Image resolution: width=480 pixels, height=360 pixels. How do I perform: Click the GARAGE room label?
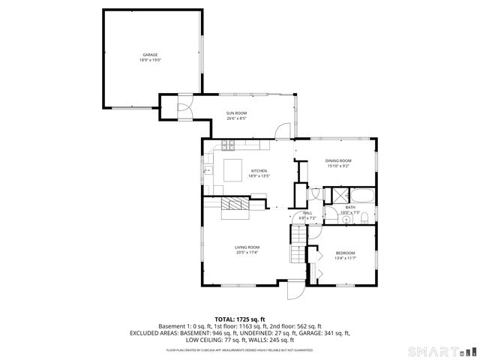coord(151,55)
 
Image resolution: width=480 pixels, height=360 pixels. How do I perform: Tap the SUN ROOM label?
coord(236,113)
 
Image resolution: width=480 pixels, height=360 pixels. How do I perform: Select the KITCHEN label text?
coord(259,171)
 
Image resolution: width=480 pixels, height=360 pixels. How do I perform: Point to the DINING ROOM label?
coord(338,161)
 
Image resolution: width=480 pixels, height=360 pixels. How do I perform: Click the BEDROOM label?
coord(345,253)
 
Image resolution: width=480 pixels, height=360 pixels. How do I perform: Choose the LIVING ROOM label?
coord(247,247)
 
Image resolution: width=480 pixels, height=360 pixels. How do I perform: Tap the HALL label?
coord(307,212)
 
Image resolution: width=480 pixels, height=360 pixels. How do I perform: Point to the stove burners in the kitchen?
coord(226,145)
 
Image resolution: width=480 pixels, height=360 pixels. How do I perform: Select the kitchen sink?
coord(208,170)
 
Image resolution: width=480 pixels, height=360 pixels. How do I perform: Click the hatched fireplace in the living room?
coord(238,205)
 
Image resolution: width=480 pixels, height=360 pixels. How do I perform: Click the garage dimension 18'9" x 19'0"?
coord(151,60)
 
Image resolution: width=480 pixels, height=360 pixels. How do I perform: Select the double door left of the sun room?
coord(184,108)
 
